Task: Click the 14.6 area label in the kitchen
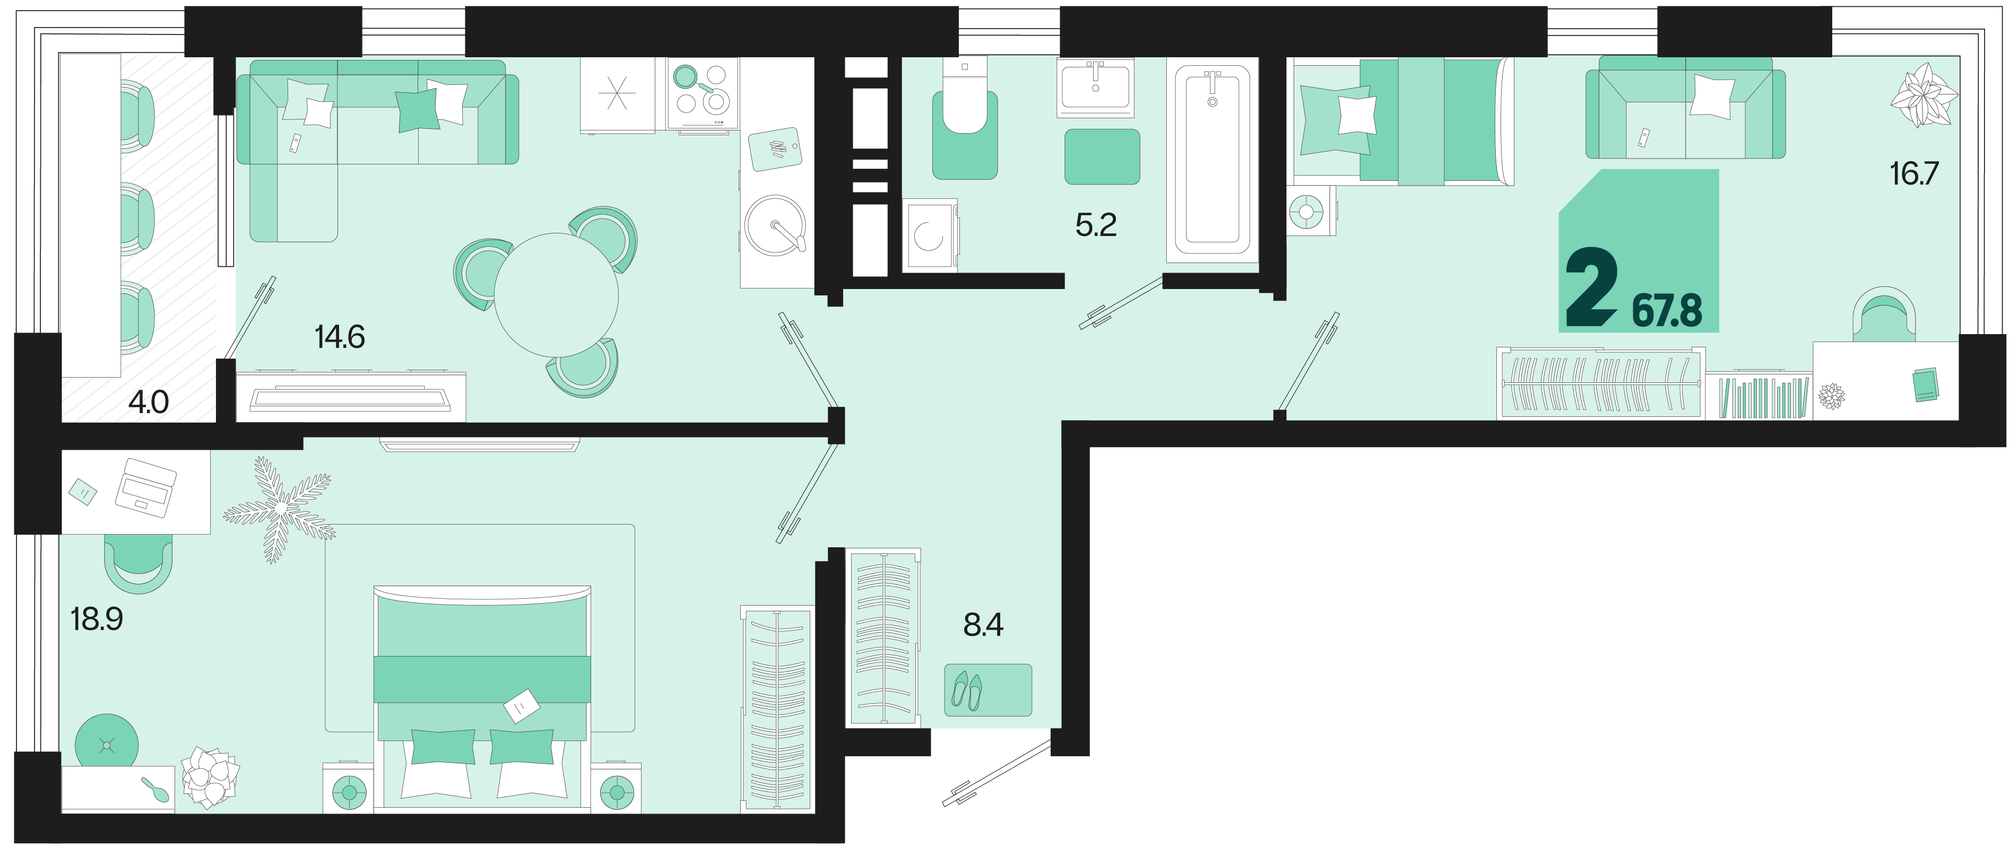point(340,337)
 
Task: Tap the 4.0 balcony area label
point(148,403)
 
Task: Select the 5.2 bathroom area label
point(1096,225)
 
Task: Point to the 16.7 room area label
point(1913,173)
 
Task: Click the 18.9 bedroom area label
point(97,619)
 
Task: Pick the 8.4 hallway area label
point(983,625)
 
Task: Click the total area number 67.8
point(1667,310)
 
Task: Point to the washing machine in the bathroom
point(929,235)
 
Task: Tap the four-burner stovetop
point(702,94)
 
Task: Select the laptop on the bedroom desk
point(145,487)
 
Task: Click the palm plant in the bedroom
point(279,509)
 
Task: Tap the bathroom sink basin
point(1096,86)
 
